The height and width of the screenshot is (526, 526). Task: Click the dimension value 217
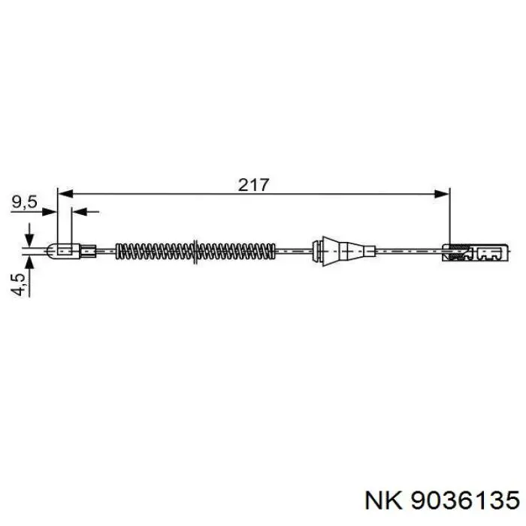[x=254, y=185]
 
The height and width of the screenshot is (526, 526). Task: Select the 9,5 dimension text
[x=24, y=202]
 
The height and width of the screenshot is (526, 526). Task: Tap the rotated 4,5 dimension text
[x=18, y=285]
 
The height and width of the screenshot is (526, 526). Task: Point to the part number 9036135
[x=465, y=500]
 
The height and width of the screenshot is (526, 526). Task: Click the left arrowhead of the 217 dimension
[x=65, y=194]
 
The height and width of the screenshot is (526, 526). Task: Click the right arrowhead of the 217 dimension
[x=442, y=194]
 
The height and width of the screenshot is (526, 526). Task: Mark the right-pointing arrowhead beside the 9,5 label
[x=50, y=212]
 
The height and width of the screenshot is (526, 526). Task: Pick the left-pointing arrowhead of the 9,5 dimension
[x=80, y=212]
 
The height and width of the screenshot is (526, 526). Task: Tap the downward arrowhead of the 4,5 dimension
[x=30, y=239]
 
